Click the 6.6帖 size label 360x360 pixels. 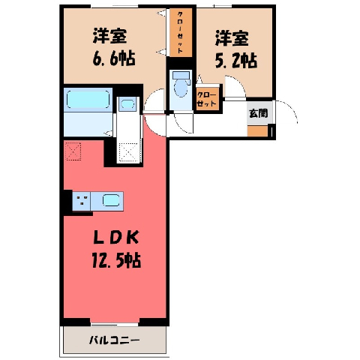[114, 58]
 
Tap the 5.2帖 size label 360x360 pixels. [236, 61]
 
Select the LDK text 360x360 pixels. [115, 238]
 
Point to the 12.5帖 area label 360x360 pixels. [116, 260]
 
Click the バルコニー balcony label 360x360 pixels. [114, 340]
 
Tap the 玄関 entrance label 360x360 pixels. [259, 113]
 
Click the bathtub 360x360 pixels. [88, 100]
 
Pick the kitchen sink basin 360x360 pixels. [111, 200]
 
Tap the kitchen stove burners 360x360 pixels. [82, 200]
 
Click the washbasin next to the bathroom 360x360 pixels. [127, 104]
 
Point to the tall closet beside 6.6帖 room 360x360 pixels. [181, 32]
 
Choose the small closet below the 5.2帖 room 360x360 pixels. [207, 99]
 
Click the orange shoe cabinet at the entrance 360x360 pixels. [257, 131]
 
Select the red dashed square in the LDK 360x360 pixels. [73, 151]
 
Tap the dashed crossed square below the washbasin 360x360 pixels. [128, 152]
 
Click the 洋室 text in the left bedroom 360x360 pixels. [109, 36]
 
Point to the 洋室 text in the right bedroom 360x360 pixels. [232, 38]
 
